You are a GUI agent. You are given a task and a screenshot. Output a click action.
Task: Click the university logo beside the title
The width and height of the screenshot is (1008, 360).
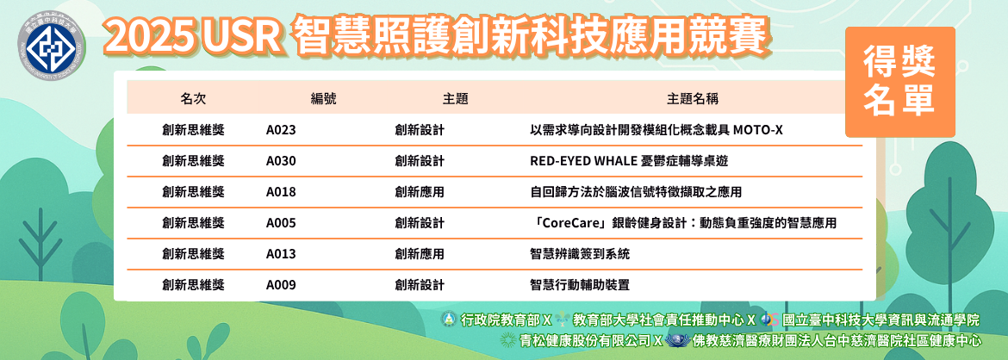[x=50, y=46]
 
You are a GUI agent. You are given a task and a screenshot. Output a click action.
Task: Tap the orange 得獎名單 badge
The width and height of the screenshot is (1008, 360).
[x=899, y=83]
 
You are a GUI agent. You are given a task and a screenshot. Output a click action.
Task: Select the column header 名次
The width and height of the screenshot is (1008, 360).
[x=193, y=99]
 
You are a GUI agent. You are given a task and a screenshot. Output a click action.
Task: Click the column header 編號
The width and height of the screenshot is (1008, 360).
[x=323, y=99]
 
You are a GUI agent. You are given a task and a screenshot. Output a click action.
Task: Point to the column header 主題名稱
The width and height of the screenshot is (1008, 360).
[x=693, y=99]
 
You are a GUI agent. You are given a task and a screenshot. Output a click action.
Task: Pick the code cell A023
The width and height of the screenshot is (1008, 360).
[x=281, y=130]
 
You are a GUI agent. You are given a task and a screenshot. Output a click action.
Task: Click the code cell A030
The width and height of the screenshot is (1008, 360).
[x=281, y=161]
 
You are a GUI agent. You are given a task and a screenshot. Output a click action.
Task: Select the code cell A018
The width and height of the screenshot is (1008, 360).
[x=281, y=191]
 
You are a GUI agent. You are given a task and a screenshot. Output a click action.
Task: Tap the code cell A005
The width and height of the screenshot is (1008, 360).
[x=281, y=223]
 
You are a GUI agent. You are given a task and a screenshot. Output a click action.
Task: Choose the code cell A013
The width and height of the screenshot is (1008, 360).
[x=281, y=254]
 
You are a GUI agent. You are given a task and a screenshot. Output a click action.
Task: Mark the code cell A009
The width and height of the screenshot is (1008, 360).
[x=281, y=285]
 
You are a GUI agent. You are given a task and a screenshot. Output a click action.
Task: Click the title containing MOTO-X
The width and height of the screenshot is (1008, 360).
[x=656, y=130]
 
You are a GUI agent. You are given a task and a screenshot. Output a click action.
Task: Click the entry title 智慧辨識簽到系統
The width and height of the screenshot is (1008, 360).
[x=579, y=254]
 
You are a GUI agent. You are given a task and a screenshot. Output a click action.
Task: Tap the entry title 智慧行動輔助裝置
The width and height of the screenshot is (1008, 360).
[x=579, y=285]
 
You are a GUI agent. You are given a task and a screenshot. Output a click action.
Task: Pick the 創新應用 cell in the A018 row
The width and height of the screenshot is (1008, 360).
[x=420, y=191]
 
